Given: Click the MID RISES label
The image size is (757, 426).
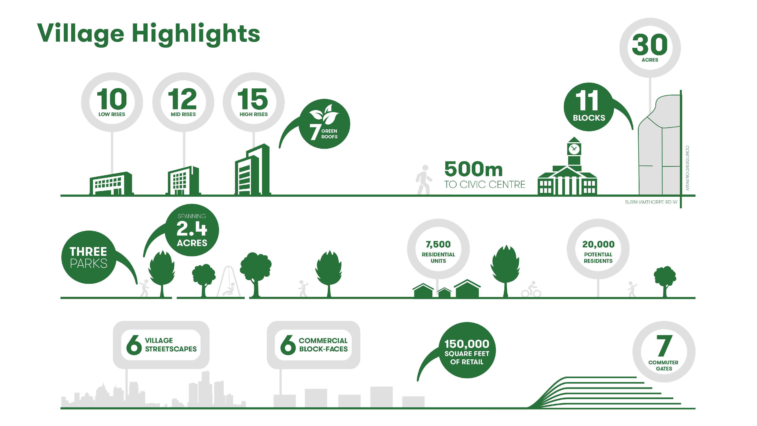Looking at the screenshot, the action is coord(183,114).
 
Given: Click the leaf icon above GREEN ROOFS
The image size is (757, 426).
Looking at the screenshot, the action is coord(324,114).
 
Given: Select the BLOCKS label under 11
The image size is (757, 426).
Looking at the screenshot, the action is coord(589,118).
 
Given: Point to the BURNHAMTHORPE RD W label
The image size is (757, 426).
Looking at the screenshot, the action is coord(651,202).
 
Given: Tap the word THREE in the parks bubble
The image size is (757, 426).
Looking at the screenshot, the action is coord(88,252).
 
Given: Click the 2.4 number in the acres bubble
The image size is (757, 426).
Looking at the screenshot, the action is coord(192,229).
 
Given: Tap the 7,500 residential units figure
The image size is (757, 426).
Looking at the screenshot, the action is coord(438,244).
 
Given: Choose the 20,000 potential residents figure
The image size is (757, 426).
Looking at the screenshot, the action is coord(598,244).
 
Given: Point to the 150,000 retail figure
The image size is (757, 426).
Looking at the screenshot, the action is coord(467,344).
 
